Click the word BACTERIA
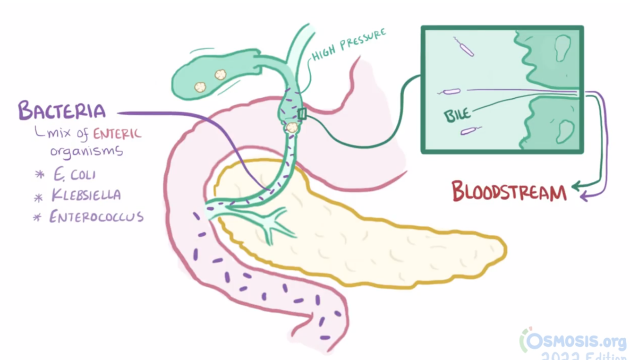pyautogui.click(x=62, y=111)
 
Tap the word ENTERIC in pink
pyautogui.click(x=117, y=134)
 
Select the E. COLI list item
pyautogui.click(x=74, y=174)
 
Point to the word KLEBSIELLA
pyautogui.click(x=86, y=195)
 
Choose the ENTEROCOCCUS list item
pyautogui.click(x=96, y=217)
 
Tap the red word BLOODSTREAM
pyautogui.click(x=509, y=191)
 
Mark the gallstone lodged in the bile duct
pyautogui.click(x=293, y=127)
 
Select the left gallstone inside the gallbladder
pyautogui.click(x=201, y=86)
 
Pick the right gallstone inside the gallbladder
pyautogui.click(x=220, y=75)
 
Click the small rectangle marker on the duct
pyautogui.click(x=302, y=114)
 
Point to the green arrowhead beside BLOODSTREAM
pyautogui.click(x=576, y=186)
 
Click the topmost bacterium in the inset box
pyautogui.click(x=464, y=47)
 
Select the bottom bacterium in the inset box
pyautogui.click(x=470, y=130)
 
